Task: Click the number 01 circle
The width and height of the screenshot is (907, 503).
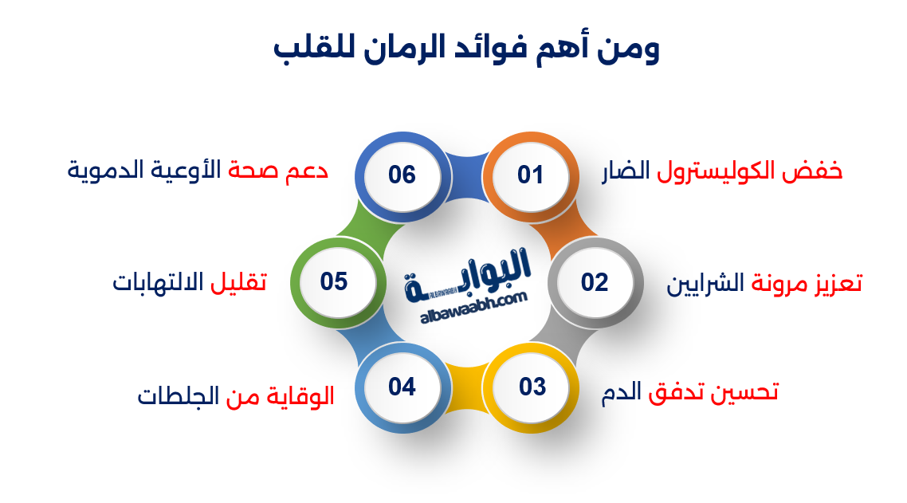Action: pyautogui.click(x=530, y=175)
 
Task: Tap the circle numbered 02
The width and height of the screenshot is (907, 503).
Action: pyautogui.click(x=595, y=282)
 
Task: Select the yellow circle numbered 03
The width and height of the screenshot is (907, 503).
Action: pyautogui.click(x=532, y=387)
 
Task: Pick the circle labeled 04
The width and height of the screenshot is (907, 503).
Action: pyautogui.click(x=402, y=387)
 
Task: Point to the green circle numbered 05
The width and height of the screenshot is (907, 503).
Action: pyautogui.click(x=335, y=282)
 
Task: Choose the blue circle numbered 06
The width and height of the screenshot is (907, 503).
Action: pyautogui.click(x=402, y=175)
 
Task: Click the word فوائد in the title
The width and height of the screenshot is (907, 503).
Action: pyautogui.click(x=506, y=50)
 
